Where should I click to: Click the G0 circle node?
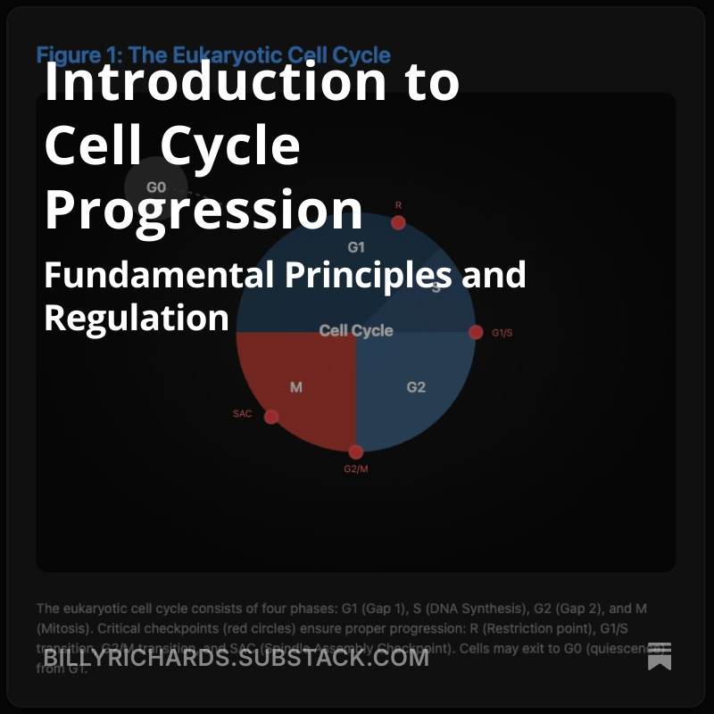pyautogui.click(x=156, y=187)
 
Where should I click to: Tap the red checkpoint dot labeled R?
pyautogui.click(x=398, y=222)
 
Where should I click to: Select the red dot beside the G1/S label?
pyautogui.click(x=476, y=332)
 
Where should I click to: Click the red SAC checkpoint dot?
pyautogui.click(x=271, y=416)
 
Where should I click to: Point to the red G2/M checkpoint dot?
pyautogui.click(x=356, y=452)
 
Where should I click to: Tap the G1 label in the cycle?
pyautogui.click(x=356, y=247)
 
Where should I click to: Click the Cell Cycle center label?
pyautogui.click(x=356, y=330)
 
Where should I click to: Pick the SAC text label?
pyautogui.click(x=243, y=414)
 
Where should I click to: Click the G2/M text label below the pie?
pyautogui.click(x=356, y=469)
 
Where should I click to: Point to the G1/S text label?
pyautogui.click(x=502, y=333)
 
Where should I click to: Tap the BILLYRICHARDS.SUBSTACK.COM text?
pyautogui.click(x=236, y=658)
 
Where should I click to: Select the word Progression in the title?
pyautogui.click(x=203, y=211)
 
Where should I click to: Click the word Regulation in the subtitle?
pyautogui.click(x=137, y=317)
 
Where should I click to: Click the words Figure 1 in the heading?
pyautogui.click(x=77, y=55)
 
